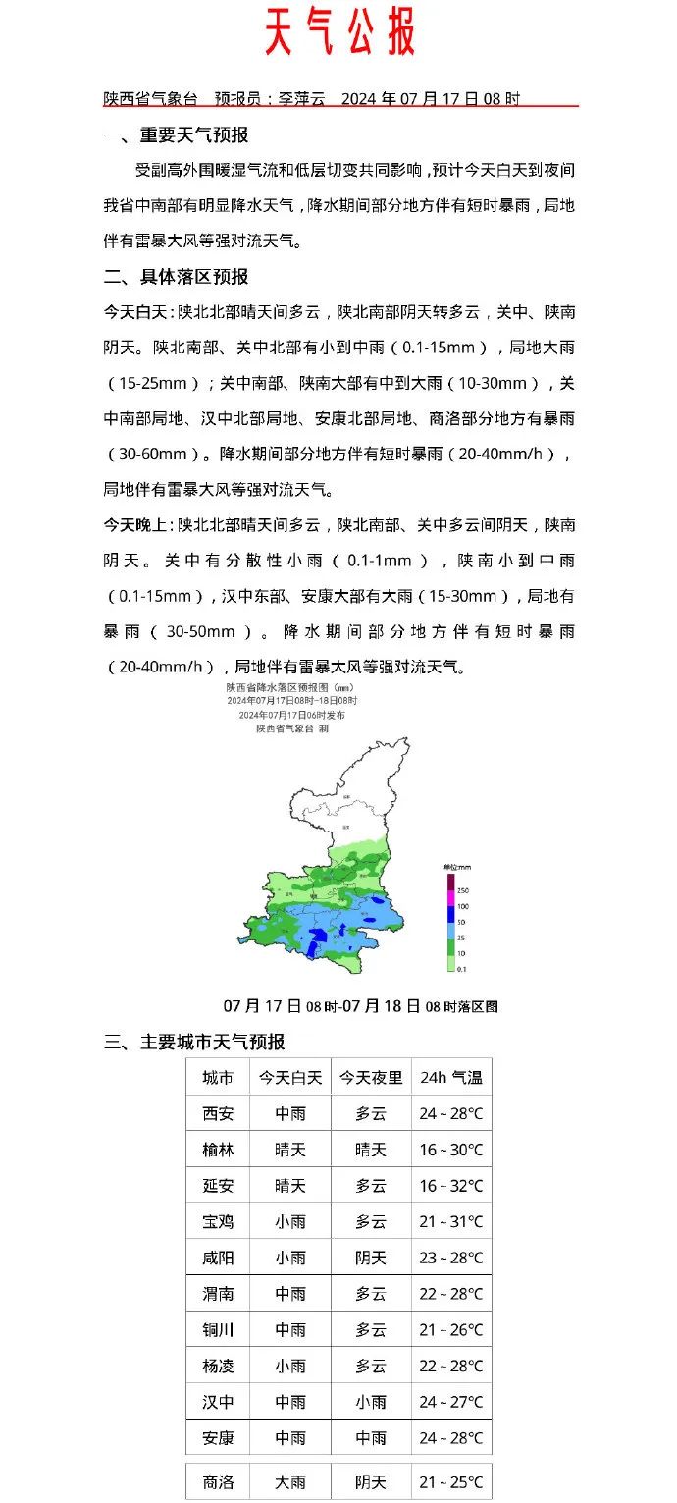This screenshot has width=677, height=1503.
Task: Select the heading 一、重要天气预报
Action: [x=177, y=135]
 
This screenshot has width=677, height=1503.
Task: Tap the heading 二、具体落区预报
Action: [x=177, y=276]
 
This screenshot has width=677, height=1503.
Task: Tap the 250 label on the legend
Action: [x=461, y=889]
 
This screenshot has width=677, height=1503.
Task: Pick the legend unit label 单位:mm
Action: [x=458, y=867]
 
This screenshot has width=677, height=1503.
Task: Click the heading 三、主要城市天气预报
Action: [x=194, y=1042]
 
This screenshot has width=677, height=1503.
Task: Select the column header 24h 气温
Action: [x=451, y=1078]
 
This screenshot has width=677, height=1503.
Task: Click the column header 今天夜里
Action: [x=371, y=1078]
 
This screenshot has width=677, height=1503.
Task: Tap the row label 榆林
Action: [x=218, y=1150]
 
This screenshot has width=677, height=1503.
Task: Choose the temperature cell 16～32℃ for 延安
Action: [x=451, y=1186]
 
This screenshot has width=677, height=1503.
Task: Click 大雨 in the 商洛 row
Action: [x=290, y=1482]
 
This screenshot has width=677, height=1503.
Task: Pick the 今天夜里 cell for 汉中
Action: [x=371, y=1402]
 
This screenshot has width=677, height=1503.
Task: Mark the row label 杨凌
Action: [x=218, y=1366]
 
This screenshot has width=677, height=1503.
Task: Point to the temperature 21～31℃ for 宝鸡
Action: [x=451, y=1222]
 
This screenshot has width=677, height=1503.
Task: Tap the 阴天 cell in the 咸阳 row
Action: [x=371, y=1258]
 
